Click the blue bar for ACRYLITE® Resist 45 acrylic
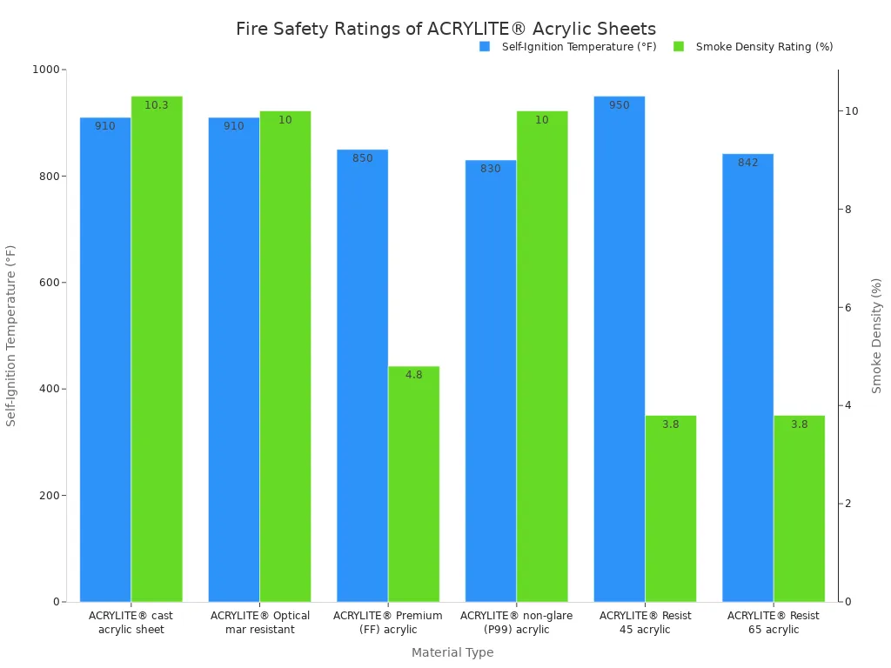(x=619, y=348)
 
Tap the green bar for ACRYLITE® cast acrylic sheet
(x=157, y=348)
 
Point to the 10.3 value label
(x=157, y=105)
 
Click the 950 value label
(x=619, y=105)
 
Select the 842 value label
(x=747, y=163)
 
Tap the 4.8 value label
(x=413, y=375)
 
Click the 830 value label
(x=491, y=169)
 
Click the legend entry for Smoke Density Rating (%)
(x=764, y=47)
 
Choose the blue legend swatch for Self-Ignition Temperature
(x=485, y=47)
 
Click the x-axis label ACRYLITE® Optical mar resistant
(x=260, y=623)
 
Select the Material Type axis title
(x=452, y=652)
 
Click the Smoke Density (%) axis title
(x=877, y=336)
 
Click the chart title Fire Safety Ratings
(x=445, y=29)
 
